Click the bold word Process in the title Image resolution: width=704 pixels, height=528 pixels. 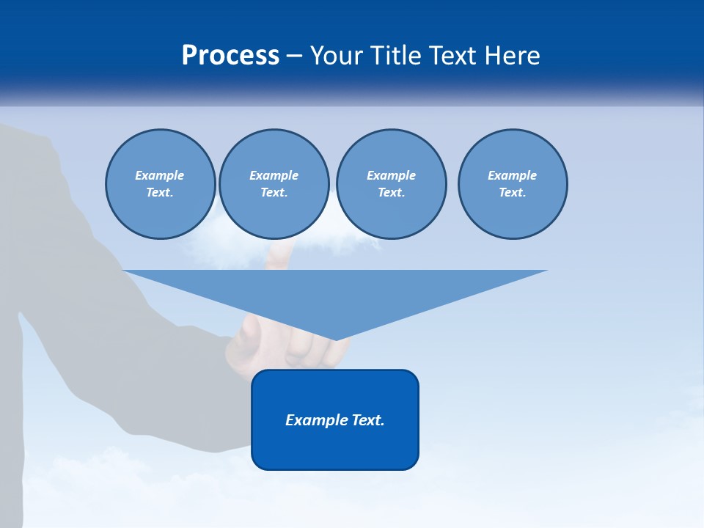click(230, 56)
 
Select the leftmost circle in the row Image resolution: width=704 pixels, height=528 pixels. click(161, 184)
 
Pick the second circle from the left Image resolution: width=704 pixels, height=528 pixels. click(274, 184)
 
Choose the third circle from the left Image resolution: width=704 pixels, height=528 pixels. click(391, 184)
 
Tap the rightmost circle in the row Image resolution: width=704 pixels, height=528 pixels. click(513, 184)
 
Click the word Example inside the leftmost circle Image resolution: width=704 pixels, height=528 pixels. click(160, 175)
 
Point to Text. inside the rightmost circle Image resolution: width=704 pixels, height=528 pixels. click(513, 193)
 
